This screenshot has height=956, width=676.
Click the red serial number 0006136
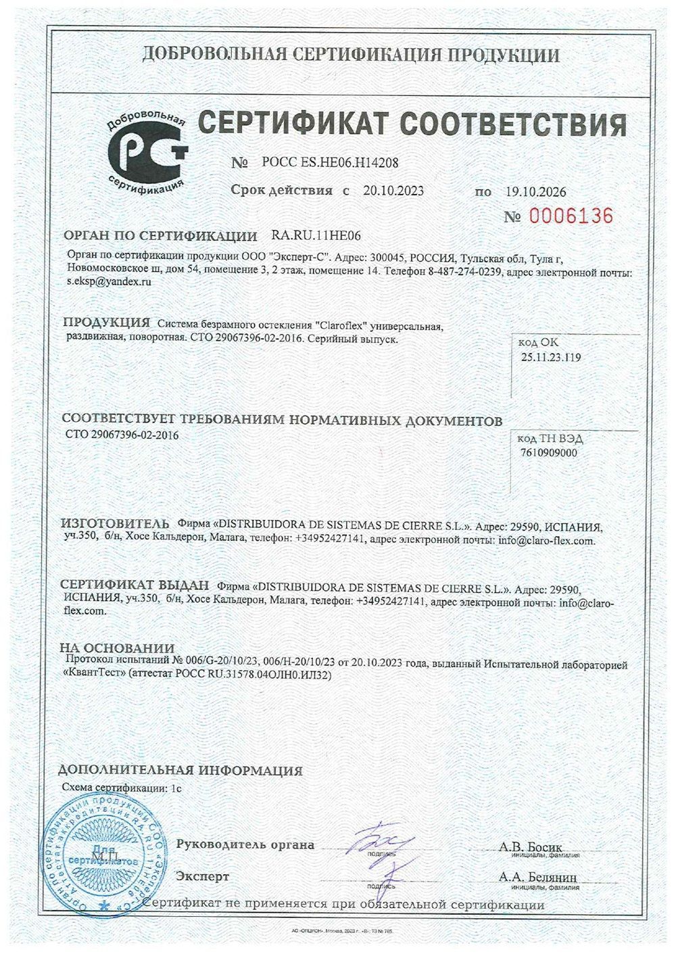[x=571, y=216]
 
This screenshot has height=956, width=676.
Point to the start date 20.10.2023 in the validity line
[x=393, y=191]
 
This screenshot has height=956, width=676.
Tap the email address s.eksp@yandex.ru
[x=108, y=285]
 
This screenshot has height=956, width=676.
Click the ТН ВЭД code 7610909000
[x=549, y=453]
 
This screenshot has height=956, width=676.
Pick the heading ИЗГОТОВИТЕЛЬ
[x=114, y=524]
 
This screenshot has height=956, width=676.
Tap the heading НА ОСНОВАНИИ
[x=117, y=648]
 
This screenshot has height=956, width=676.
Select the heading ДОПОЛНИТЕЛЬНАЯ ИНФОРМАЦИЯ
[x=180, y=770]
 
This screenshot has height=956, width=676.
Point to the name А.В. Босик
[x=530, y=846]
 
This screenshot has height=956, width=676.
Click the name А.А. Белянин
[x=538, y=877]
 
